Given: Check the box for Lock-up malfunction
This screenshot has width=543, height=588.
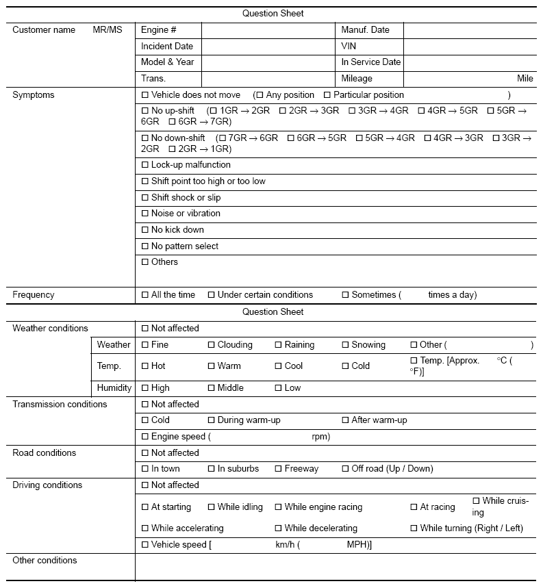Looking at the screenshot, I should [144, 165].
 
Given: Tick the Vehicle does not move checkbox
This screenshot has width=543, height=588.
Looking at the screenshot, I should [144, 95].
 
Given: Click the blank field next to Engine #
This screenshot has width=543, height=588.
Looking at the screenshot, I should [267, 30].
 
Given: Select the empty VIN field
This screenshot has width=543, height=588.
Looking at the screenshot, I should [469, 46].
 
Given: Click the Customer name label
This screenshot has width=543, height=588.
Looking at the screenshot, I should [44, 30].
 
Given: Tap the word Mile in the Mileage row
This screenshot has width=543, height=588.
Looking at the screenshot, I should [525, 79].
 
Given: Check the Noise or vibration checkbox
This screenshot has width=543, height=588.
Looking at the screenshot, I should [144, 214].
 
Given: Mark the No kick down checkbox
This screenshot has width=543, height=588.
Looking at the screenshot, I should [144, 230].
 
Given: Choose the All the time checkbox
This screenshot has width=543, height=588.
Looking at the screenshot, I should [144, 295].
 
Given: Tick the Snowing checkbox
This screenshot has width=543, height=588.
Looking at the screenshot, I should [345, 345].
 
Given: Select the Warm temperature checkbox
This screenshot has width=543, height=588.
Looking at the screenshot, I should [212, 366].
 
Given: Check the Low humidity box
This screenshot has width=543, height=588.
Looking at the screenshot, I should [278, 388].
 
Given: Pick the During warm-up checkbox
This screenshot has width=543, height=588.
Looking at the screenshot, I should [212, 420].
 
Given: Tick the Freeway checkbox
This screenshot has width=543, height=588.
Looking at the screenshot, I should [278, 469].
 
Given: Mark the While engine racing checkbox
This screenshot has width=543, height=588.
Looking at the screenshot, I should [278, 507].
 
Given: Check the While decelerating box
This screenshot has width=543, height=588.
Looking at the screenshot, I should [278, 528].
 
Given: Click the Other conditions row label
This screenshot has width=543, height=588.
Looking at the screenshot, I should [45, 561].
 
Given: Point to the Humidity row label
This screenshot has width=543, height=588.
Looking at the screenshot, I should [114, 388].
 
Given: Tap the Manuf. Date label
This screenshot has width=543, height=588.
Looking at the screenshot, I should [365, 30].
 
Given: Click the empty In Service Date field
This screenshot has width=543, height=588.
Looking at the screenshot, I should [469, 62].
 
